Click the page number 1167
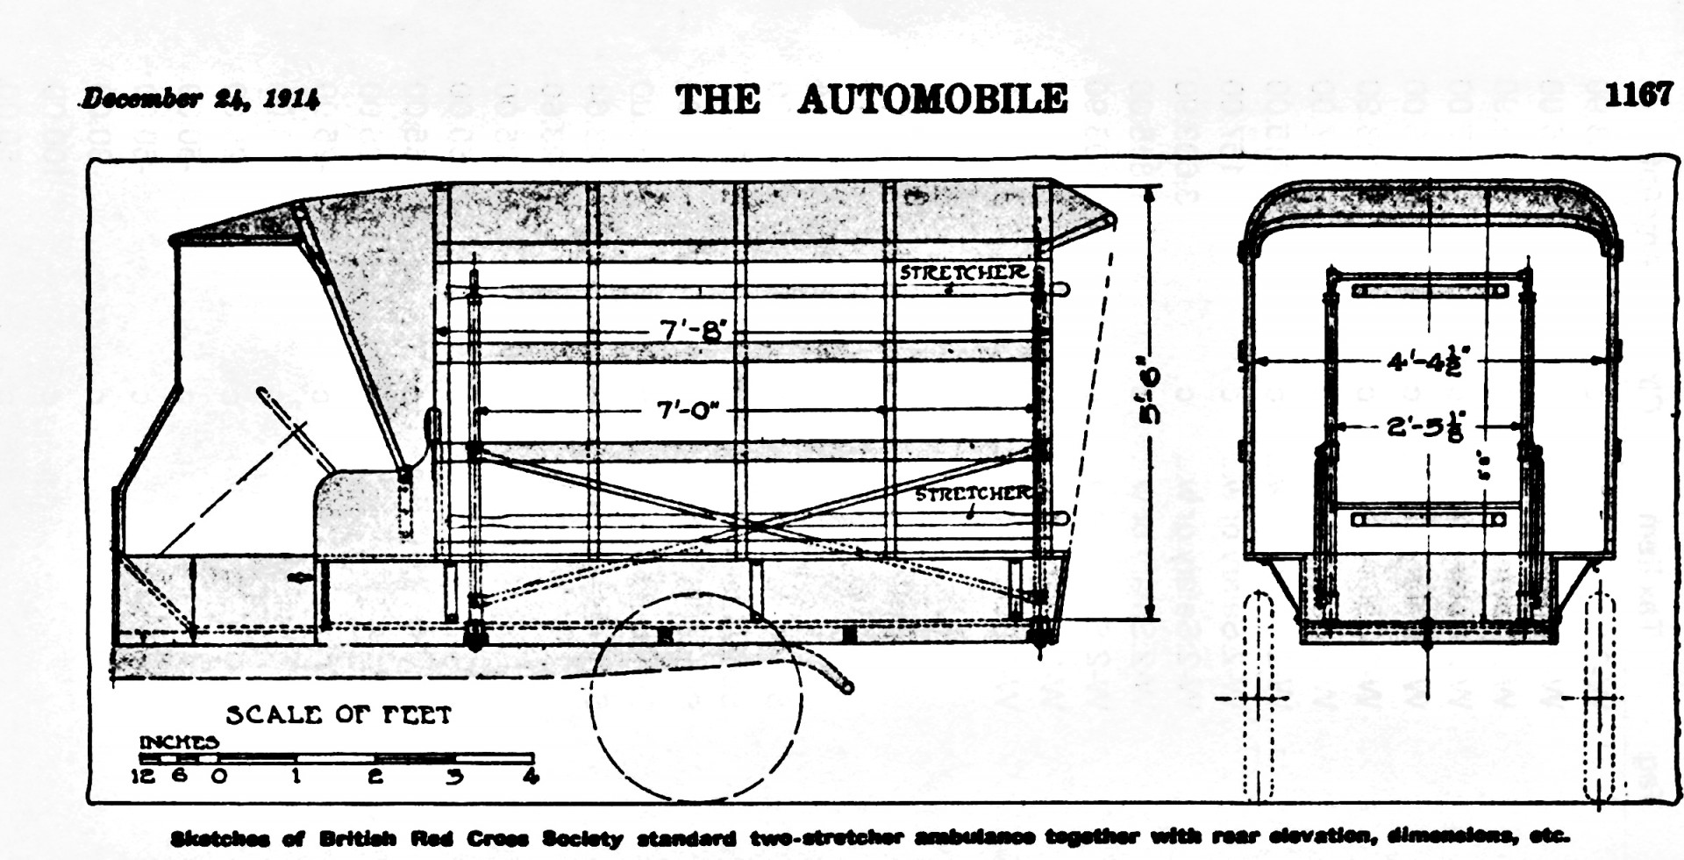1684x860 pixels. click(1638, 95)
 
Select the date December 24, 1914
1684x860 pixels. click(201, 98)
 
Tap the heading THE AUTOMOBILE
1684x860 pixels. click(871, 99)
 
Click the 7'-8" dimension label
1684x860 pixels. click(694, 330)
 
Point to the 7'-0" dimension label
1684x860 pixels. click(688, 410)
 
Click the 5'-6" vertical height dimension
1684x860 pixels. click(1150, 395)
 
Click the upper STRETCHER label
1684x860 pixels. click(963, 272)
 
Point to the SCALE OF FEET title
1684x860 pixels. click(339, 715)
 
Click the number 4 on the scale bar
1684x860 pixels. click(531, 777)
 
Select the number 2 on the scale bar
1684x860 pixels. click(375, 777)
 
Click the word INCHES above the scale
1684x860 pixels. click(179, 742)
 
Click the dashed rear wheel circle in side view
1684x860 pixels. click(696, 698)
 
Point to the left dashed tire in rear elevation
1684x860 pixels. click(1258, 693)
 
